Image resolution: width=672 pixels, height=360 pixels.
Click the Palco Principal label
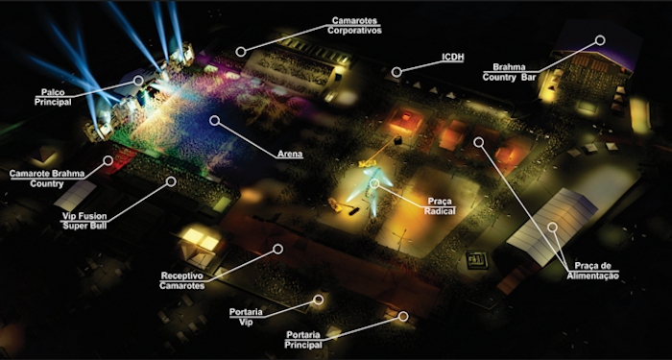(53, 97)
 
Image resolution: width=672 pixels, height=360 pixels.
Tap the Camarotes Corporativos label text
(354, 25)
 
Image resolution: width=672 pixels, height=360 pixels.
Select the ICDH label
(452, 58)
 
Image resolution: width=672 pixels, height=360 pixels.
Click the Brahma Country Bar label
(510, 72)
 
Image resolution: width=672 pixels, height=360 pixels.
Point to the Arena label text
(290, 154)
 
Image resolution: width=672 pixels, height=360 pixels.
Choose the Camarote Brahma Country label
(47, 179)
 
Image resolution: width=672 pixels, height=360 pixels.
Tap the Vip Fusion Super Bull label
(84, 220)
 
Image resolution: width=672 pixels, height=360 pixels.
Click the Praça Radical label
(440, 205)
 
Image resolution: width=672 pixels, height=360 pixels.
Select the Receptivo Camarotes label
(182, 280)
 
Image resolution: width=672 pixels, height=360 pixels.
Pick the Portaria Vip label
(246, 317)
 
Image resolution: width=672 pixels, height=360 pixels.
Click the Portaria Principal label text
(303, 340)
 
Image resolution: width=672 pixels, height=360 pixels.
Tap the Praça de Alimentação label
(592, 271)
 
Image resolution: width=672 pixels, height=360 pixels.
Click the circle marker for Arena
(214, 120)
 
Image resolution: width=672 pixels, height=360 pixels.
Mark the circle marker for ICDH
(396, 72)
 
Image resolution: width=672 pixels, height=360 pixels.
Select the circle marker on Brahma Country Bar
(600, 40)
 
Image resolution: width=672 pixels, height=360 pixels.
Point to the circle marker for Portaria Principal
(403, 316)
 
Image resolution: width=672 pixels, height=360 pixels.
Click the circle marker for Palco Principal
(138, 80)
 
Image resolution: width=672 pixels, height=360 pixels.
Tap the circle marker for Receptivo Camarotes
(277, 249)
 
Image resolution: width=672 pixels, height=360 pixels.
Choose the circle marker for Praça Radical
(374, 183)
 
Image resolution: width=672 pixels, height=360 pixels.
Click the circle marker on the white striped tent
(552, 227)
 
